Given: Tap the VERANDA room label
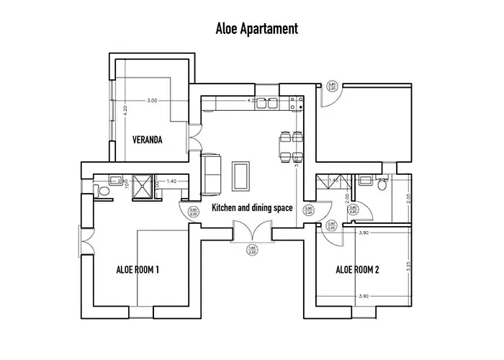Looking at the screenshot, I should coord(146,140).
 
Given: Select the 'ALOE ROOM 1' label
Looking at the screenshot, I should coord(138,270).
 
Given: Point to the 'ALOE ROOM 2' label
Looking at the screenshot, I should coord(357,270).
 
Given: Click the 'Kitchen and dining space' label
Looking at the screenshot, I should coord(251,208).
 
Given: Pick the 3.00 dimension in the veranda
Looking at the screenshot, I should coord(151,101).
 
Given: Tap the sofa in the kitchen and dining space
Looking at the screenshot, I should coord(210,174).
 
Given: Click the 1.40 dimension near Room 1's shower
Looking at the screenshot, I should coord(171,181).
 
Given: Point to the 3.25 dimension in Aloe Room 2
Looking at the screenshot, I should coord(408,264).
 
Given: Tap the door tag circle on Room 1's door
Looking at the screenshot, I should coord(192,212).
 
